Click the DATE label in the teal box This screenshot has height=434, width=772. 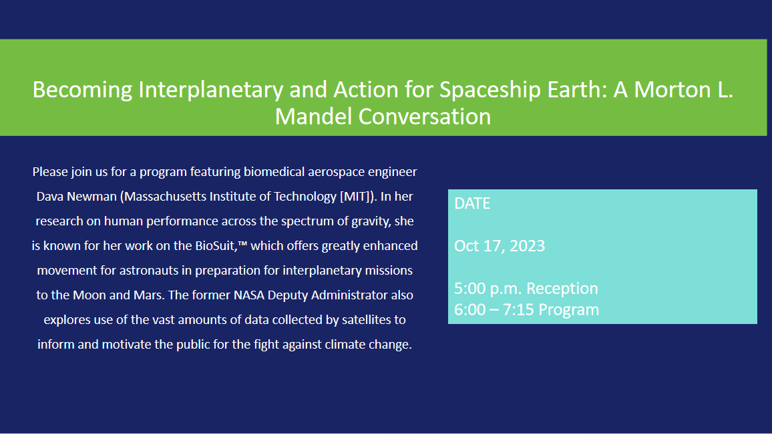472,203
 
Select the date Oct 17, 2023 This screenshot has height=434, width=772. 500,246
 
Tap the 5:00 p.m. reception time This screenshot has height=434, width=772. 488,289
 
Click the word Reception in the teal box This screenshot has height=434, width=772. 562,289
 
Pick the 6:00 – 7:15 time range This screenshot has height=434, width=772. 494,309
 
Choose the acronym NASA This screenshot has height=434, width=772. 249,295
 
